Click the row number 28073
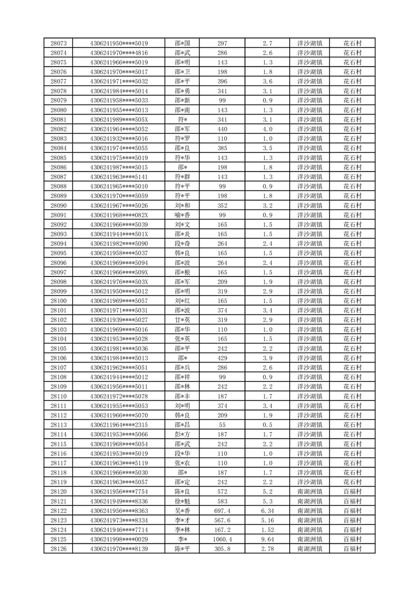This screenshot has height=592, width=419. tap(58, 43)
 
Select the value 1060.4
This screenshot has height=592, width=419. tap(222, 540)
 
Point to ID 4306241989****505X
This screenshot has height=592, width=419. tap(119, 120)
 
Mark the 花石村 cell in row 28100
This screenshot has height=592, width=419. tap(353, 301)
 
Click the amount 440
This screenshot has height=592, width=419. tap(222, 129)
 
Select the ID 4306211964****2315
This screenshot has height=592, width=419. tap(119, 425)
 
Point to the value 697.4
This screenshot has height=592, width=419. tap(222, 511)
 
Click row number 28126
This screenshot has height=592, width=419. tap(58, 549)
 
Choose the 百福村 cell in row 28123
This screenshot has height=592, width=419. tap(353, 521)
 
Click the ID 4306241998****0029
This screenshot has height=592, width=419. tap(119, 540)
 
